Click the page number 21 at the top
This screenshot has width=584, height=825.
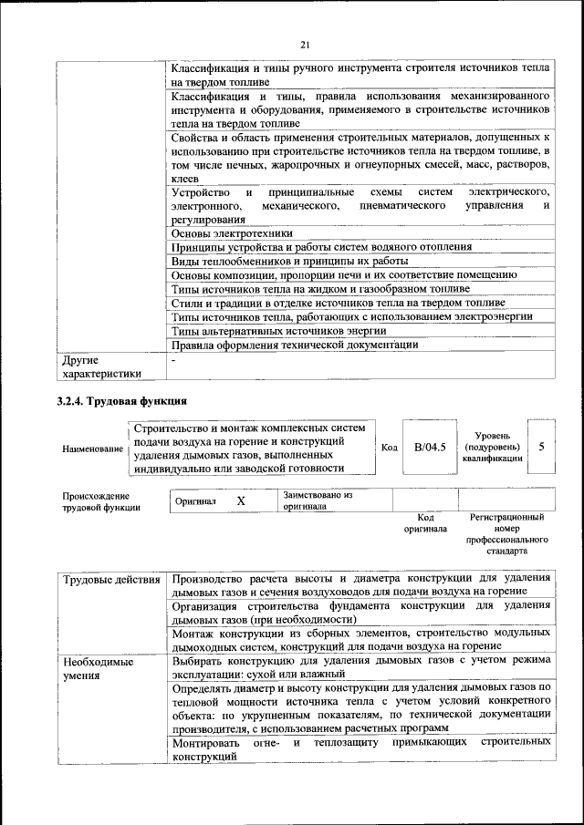[x=306, y=45]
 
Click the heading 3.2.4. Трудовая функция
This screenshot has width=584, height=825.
[x=121, y=401]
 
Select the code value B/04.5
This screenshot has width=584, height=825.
[x=429, y=448]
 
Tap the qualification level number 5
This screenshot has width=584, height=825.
[x=542, y=448]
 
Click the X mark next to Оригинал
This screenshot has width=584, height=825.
[x=241, y=501]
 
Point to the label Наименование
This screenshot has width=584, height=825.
[x=92, y=449]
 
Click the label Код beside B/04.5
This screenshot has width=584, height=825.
[x=389, y=448]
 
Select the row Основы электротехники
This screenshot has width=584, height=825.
[x=233, y=233]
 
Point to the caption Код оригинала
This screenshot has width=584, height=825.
[x=425, y=522]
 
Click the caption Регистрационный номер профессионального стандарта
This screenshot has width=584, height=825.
[x=506, y=534]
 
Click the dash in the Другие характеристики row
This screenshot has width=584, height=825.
[x=173, y=361]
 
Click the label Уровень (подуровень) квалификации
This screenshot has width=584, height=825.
[x=493, y=448]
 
